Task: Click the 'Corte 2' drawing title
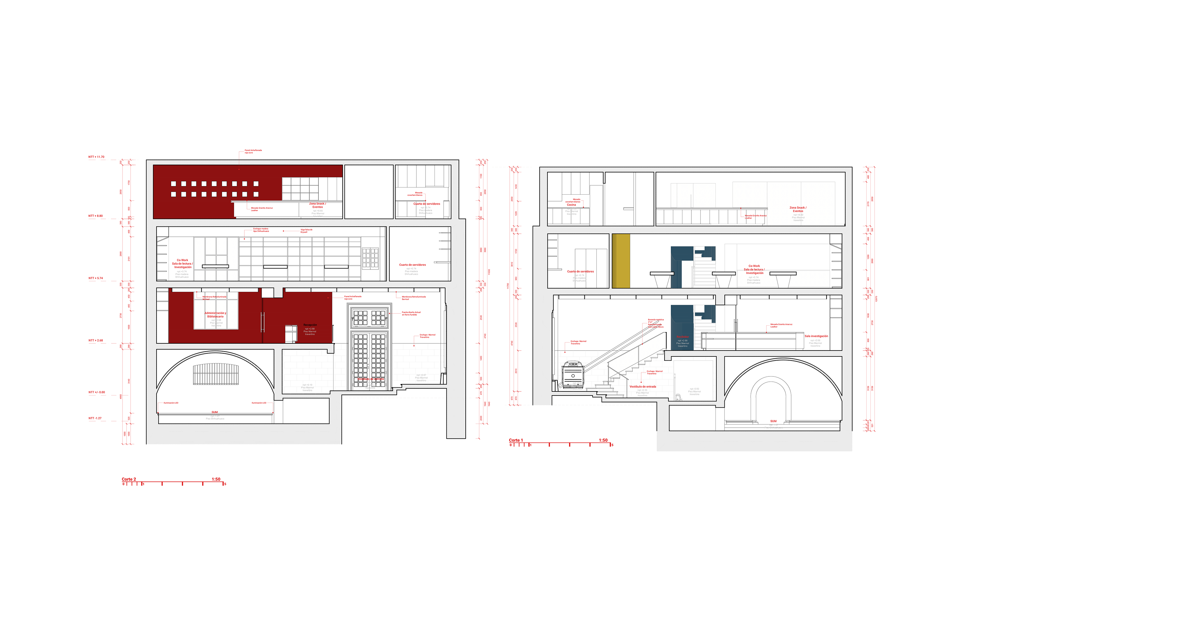coord(129,479)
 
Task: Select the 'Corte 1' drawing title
coord(516,440)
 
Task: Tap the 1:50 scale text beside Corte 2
coord(216,479)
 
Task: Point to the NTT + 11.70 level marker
coord(96,157)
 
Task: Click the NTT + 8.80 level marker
coord(96,216)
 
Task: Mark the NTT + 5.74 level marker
coord(96,279)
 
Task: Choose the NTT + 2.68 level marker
coord(96,340)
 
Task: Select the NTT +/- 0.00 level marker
coord(97,392)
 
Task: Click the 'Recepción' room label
coord(310,325)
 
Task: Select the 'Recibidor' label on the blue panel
coord(683,337)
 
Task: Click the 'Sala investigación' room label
coord(816,336)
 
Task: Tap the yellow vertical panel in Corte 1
coord(621,261)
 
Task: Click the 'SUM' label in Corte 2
coord(215,412)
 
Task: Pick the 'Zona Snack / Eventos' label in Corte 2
coord(318,205)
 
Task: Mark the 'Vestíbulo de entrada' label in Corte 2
coord(370,379)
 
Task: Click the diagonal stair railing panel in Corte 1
coord(637,354)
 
